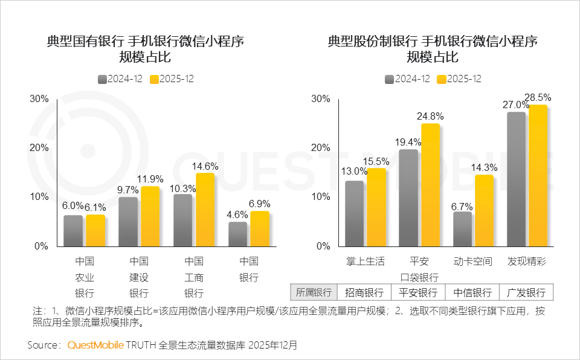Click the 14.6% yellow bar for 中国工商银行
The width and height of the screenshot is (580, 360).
(205, 210)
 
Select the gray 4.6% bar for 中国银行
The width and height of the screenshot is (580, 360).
(237, 234)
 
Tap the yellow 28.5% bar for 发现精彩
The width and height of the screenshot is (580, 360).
(538, 176)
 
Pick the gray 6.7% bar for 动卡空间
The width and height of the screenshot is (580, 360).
(462, 229)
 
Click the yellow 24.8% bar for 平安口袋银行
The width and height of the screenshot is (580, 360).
(430, 185)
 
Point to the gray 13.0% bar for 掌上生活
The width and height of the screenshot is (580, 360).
(355, 213)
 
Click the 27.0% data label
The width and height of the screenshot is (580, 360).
(515, 104)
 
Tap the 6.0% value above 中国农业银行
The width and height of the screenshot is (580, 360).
(72, 207)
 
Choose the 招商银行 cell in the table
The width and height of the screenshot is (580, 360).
(364, 293)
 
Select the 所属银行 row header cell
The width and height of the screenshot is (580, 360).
(314, 293)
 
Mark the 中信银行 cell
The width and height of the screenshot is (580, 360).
(472, 293)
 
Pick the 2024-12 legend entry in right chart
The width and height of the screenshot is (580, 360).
(407, 79)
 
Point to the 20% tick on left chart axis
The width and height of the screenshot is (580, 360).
(39, 148)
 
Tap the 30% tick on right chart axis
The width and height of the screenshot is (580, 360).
(321, 99)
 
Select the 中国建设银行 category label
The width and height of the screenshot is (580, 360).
(139, 277)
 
